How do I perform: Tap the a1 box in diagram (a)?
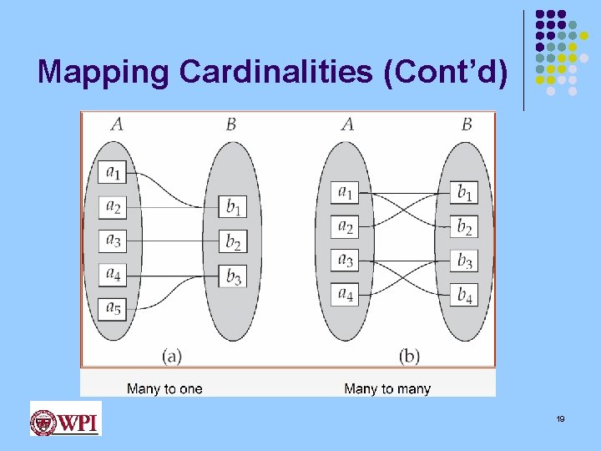[113, 172]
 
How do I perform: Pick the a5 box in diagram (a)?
[113, 309]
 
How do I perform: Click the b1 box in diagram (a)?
[233, 205]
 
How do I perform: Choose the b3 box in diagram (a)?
[233, 275]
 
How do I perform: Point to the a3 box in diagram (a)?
[113, 241]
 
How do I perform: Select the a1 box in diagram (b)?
[345, 192]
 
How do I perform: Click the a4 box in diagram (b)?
[345, 294]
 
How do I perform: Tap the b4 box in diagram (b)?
[465, 294]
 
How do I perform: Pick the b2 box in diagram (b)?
[465, 226]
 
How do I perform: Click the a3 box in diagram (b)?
[345, 260]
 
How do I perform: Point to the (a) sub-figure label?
[172, 356]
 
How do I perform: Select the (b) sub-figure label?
[409, 356]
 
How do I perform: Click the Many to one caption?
[164, 388]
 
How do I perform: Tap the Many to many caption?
[387, 388]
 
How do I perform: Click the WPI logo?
[65, 418]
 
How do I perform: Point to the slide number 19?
[561, 418]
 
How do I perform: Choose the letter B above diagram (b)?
[467, 124]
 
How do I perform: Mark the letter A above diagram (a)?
[117, 124]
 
